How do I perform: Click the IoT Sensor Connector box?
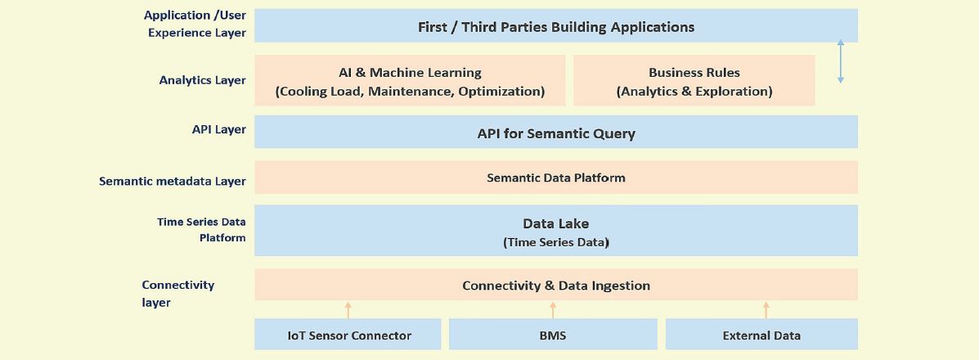(348, 334)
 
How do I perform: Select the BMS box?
(553, 334)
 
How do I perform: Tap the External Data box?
(761, 334)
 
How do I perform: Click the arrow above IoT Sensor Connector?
(348, 310)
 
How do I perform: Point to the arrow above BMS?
(553, 310)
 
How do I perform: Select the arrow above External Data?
(766, 310)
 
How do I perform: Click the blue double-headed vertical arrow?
(841, 61)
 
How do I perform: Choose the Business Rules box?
(694, 80)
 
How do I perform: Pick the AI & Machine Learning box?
(410, 80)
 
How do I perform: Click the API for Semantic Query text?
(555, 133)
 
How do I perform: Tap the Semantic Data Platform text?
(555, 178)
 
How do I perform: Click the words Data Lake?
(555, 223)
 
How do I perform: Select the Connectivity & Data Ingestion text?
(555, 286)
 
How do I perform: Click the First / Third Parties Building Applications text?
(555, 27)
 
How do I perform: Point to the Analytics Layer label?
(202, 80)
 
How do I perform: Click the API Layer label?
(218, 129)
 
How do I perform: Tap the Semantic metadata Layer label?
(173, 182)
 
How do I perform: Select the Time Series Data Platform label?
(202, 229)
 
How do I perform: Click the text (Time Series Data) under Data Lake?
(555, 242)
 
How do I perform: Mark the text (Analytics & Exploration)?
(694, 92)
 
